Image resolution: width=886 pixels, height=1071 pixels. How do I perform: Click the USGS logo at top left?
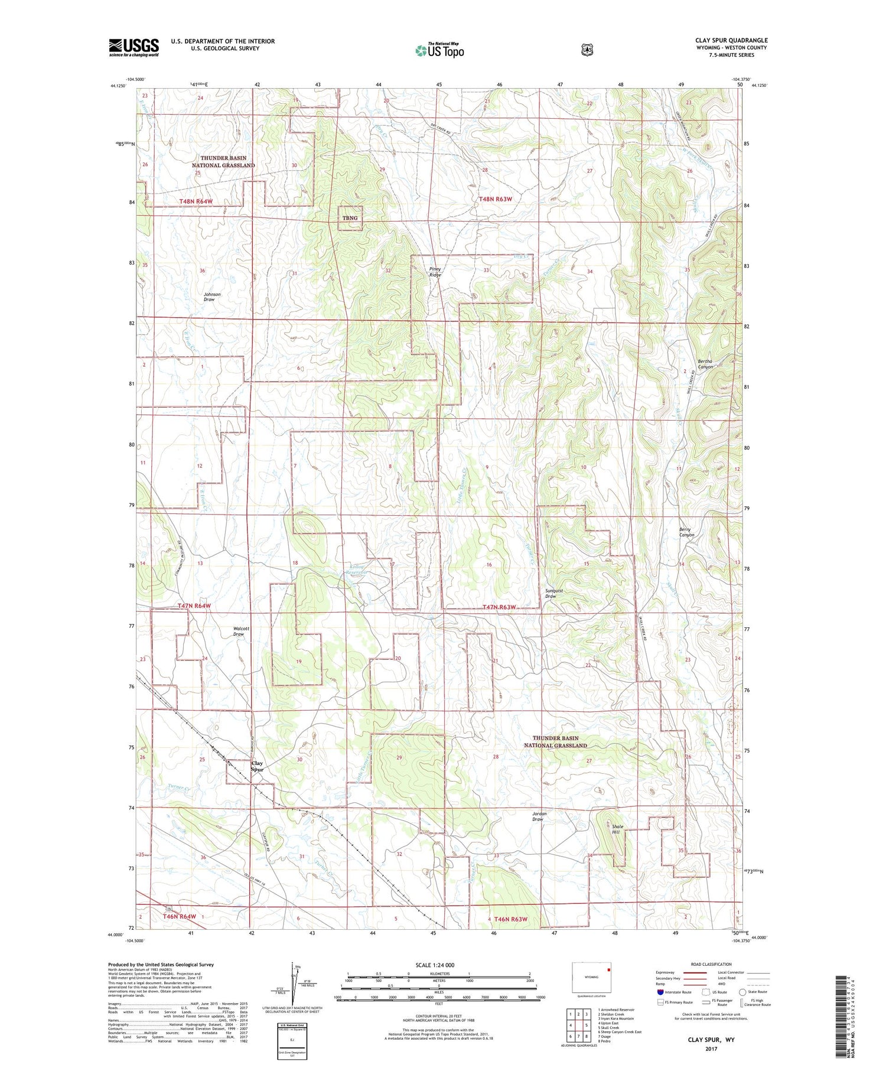click(x=133, y=47)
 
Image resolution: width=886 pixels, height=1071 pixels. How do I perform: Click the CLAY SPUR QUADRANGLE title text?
click(x=731, y=41)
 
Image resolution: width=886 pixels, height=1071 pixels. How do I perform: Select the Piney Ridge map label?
click(x=435, y=272)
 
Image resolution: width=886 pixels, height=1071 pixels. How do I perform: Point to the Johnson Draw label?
click(x=211, y=297)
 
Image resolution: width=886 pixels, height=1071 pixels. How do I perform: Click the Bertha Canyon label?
click(x=705, y=364)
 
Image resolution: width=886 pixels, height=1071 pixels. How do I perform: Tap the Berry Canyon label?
click(x=686, y=532)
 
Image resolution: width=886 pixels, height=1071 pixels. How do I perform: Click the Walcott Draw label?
click(x=239, y=631)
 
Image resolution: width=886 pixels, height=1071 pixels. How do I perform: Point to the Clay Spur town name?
click(x=257, y=766)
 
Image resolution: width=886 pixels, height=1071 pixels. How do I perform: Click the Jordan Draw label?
click(x=539, y=816)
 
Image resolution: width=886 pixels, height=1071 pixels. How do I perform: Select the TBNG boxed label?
click(x=350, y=218)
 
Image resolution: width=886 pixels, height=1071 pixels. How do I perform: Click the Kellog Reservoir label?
click(x=357, y=569)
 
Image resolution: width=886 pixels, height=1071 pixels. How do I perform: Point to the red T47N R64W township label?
click(x=194, y=606)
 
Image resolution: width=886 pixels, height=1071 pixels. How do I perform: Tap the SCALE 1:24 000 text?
click(x=435, y=965)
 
